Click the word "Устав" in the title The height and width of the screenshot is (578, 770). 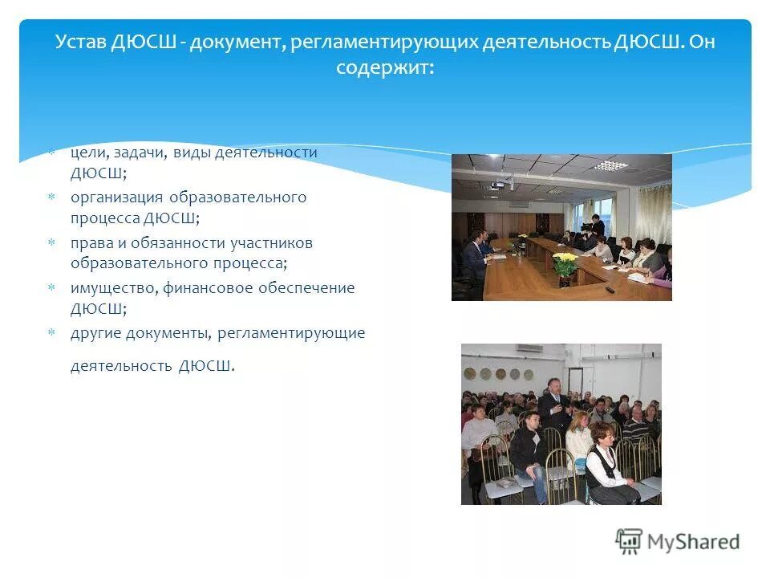tap(79, 42)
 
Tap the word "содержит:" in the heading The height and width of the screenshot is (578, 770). tap(385, 68)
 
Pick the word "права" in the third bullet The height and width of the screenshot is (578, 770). tap(89, 242)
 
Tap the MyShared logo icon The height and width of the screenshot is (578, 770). tap(629, 541)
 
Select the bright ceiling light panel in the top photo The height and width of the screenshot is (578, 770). tap(611, 165)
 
